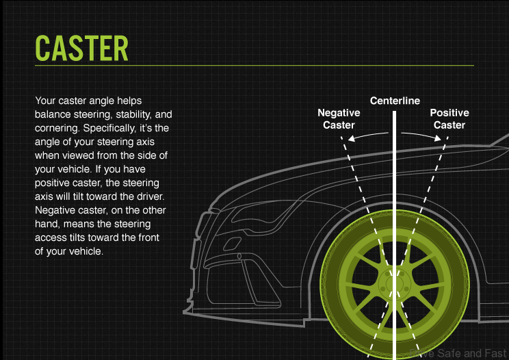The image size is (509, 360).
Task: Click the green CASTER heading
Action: [81, 47]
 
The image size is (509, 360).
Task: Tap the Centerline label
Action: [395, 101]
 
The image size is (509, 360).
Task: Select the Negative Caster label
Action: [339, 119]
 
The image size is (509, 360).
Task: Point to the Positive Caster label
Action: [449, 119]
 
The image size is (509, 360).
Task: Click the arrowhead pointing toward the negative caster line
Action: [352, 139]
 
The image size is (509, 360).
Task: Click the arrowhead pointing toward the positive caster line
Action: [439, 139]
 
